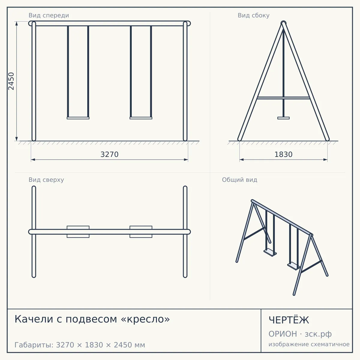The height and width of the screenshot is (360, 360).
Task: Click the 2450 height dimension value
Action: [11, 81]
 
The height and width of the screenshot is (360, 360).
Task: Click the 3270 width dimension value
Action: [109, 154]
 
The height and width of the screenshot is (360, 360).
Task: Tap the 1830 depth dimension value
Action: [283, 154]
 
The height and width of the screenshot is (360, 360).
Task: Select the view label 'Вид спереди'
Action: [49, 16]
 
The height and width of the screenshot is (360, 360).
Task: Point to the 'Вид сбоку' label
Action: [253, 16]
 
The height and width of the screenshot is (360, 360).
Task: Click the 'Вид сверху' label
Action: [46, 180]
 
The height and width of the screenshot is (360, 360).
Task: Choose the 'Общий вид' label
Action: [239, 180]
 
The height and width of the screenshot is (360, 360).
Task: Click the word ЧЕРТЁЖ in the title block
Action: [289, 320]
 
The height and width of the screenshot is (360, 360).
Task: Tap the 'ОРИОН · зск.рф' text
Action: [300, 334]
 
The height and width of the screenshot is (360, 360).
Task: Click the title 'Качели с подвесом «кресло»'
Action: [92, 319]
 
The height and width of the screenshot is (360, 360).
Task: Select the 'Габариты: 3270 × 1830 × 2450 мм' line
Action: [80, 345]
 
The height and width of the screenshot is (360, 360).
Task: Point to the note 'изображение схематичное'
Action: [309, 344]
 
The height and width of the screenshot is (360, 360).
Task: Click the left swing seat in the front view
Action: [78, 118]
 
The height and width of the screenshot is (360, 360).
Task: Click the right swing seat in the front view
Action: [141, 118]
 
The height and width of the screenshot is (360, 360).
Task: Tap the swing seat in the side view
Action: [283, 118]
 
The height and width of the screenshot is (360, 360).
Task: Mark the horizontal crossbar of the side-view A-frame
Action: [283, 98]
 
